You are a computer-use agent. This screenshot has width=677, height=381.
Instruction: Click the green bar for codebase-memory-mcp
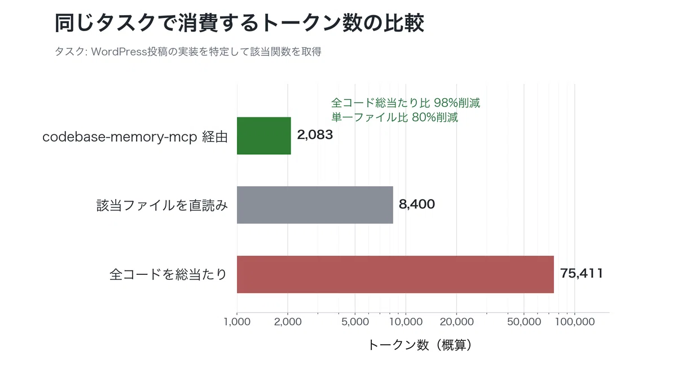tap(264, 136)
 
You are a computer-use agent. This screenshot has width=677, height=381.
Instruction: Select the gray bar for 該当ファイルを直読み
tap(315, 205)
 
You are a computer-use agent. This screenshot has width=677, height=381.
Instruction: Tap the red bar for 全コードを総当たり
tap(395, 274)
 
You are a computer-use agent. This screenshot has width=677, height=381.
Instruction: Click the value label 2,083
tap(315, 135)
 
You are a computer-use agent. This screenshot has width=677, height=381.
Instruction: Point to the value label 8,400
tap(417, 204)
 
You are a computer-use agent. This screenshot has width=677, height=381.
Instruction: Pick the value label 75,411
tap(582, 273)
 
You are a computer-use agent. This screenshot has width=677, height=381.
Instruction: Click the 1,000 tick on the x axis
tap(237, 321)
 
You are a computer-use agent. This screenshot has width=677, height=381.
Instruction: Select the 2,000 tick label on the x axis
tap(288, 321)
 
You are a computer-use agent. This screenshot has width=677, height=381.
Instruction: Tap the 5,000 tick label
tap(355, 321)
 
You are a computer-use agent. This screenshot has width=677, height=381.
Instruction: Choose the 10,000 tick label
tap(406, 321)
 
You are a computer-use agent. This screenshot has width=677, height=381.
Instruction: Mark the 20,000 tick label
tap(456, 321)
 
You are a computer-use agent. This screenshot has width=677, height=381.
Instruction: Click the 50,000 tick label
tap(524, 321)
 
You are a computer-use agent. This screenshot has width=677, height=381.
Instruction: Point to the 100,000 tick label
tap(575, 321)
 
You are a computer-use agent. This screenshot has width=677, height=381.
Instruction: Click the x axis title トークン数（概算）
tap(420, 345)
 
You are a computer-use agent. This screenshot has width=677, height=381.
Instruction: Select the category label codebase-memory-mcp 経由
tap(135, 137)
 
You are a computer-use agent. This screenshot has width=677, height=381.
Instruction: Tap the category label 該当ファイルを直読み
tap(162, 205)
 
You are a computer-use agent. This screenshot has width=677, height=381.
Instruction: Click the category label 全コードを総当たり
tap(168, 274)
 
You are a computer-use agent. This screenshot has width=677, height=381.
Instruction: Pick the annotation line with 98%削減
tap(406, 103)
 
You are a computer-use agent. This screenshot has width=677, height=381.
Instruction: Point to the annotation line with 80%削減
tap(395, 117)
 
